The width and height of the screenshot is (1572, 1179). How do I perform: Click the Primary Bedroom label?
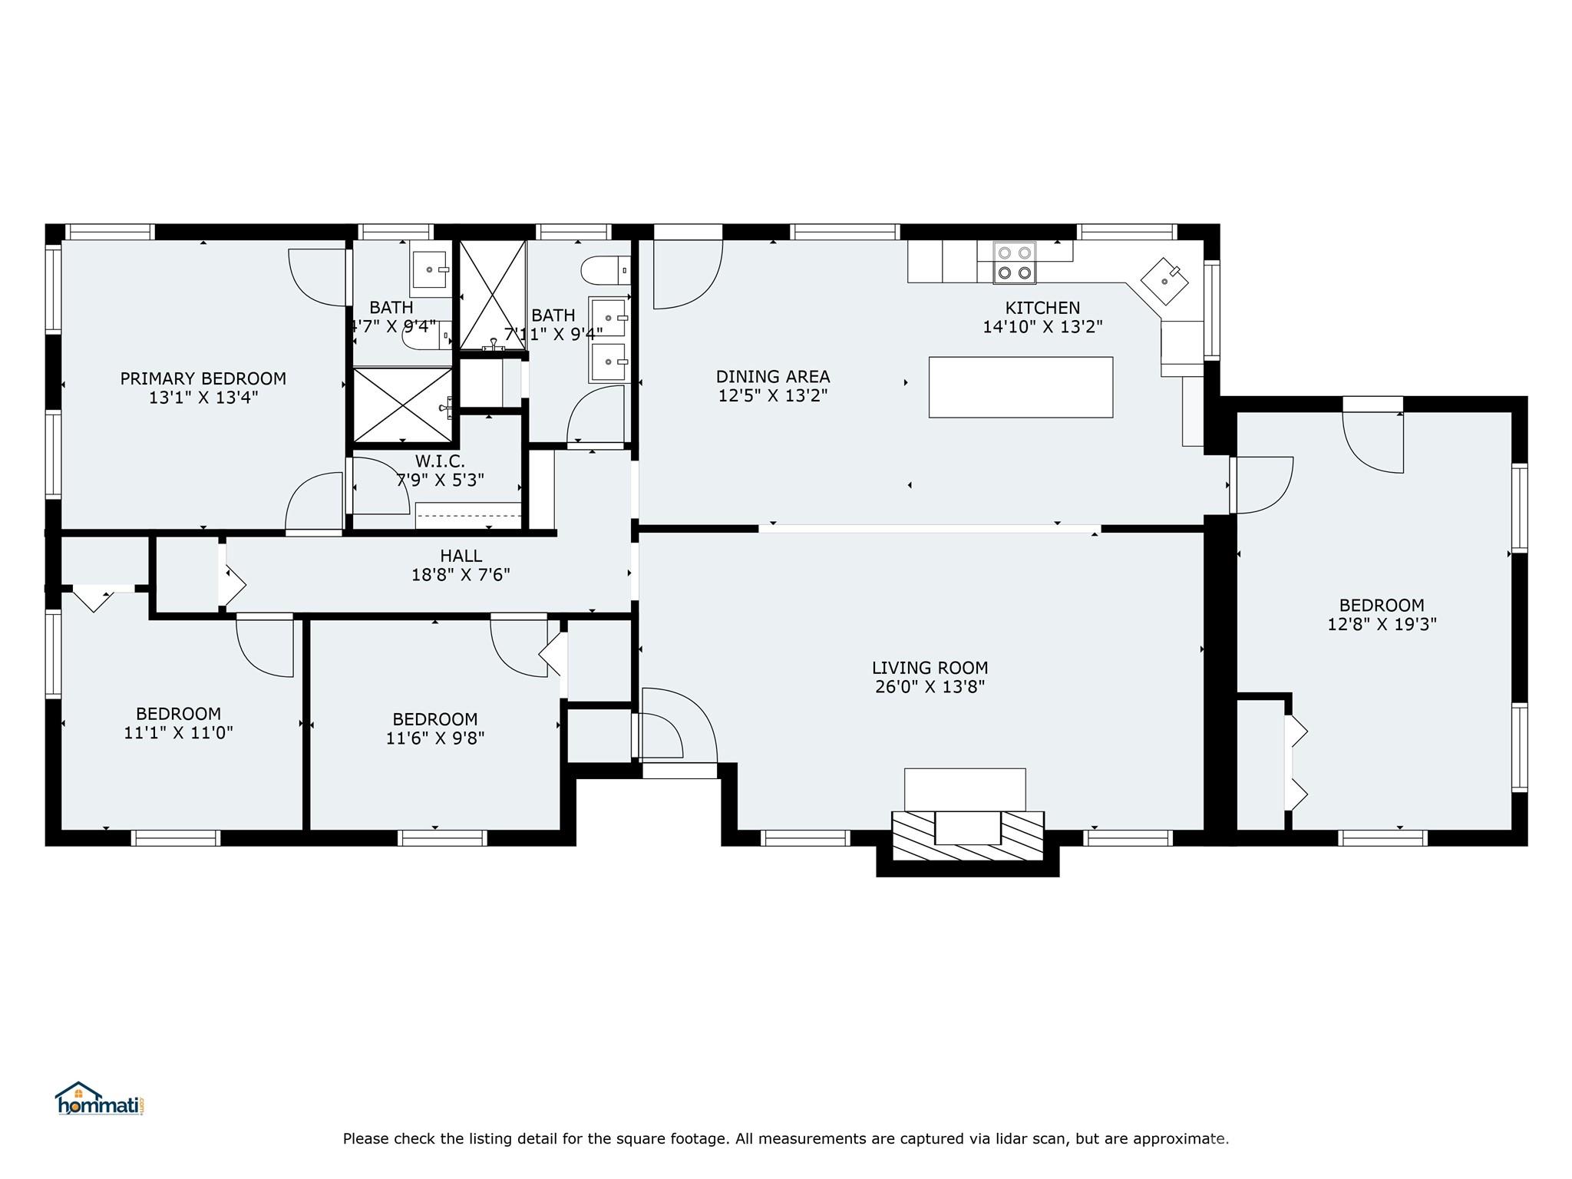(x=203, y=378)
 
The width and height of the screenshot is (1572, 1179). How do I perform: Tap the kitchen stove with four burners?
(x=1014, y=263)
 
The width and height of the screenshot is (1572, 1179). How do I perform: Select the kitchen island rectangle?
(x=1020, y=387)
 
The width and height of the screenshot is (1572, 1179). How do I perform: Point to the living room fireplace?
(x=967, y=827)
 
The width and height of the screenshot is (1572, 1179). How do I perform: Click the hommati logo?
(x=99, y=1099)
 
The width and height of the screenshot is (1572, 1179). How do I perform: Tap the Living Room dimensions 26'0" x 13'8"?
(x=930, y=687)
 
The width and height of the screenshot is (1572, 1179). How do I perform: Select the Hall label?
(x=461, y=556)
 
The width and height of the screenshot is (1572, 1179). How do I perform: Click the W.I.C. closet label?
(x=440, y=461)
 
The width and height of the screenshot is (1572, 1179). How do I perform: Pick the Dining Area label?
(x=773, y=377)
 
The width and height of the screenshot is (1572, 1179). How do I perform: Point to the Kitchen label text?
(x=1042, y=308)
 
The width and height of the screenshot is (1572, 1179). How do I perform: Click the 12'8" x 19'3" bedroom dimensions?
(x=1382, y=624)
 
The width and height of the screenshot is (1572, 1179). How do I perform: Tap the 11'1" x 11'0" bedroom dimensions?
(x=178, y=733)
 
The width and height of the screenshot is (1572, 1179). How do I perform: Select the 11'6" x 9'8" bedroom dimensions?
(x=435, y=738)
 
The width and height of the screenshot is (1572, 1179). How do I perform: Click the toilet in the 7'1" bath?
(x=606, y=270)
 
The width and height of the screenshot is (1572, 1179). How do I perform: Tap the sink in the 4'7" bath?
(x=430, y=269)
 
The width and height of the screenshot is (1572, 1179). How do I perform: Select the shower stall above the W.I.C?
(x=403, y=405)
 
